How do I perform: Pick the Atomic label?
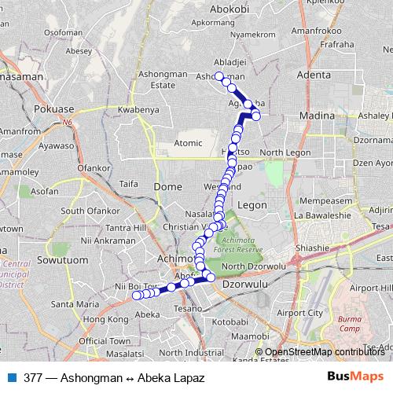pyautogui.click(x=188, y=143)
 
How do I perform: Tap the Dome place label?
pyautogui.click(x=168, y=186)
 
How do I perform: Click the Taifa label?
pyautogui.click(x=128, y=183)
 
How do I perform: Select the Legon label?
pyautogui.click(x=252, y=204)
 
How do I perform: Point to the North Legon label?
pyautogui.click(x=281, y=152)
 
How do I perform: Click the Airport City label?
pyautogui.click(x=303, y=312)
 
